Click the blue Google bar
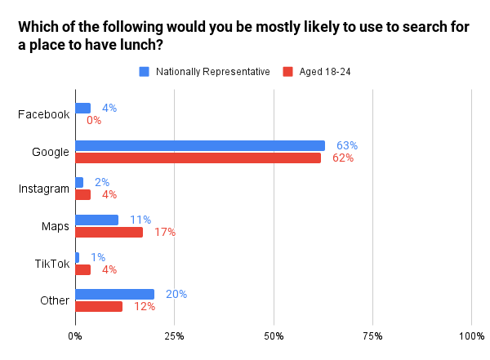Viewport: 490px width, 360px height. point(199,145)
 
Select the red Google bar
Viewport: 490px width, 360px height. point(198,158)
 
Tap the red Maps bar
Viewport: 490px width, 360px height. point(109,232)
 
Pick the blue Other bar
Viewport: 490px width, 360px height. point(114,294)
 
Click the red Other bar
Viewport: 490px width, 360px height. point(99,306)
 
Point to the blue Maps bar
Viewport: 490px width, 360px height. point(96,220)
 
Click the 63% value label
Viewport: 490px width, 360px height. point(347,145)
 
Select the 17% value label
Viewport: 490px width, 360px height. point(165,232)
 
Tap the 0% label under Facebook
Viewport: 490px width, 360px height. point(93,120)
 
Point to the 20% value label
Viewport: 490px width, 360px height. point(176,294)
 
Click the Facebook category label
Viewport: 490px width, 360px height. point(43,114)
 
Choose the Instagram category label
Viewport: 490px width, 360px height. point(43,189)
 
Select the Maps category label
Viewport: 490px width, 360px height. point(55,225)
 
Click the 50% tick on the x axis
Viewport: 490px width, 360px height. point(274,336)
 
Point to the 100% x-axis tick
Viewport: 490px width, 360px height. point(471,336)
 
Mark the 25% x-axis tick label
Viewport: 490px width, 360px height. point(174,336)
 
